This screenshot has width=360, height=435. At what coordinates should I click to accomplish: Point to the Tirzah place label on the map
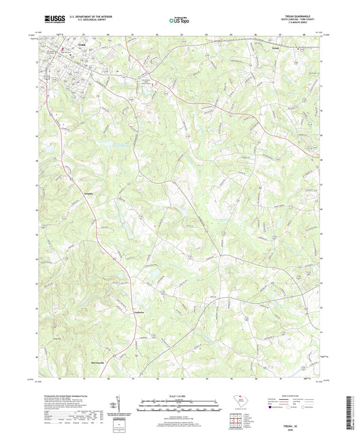point(275,48)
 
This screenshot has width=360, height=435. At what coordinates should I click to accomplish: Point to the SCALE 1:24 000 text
point(180,395)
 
